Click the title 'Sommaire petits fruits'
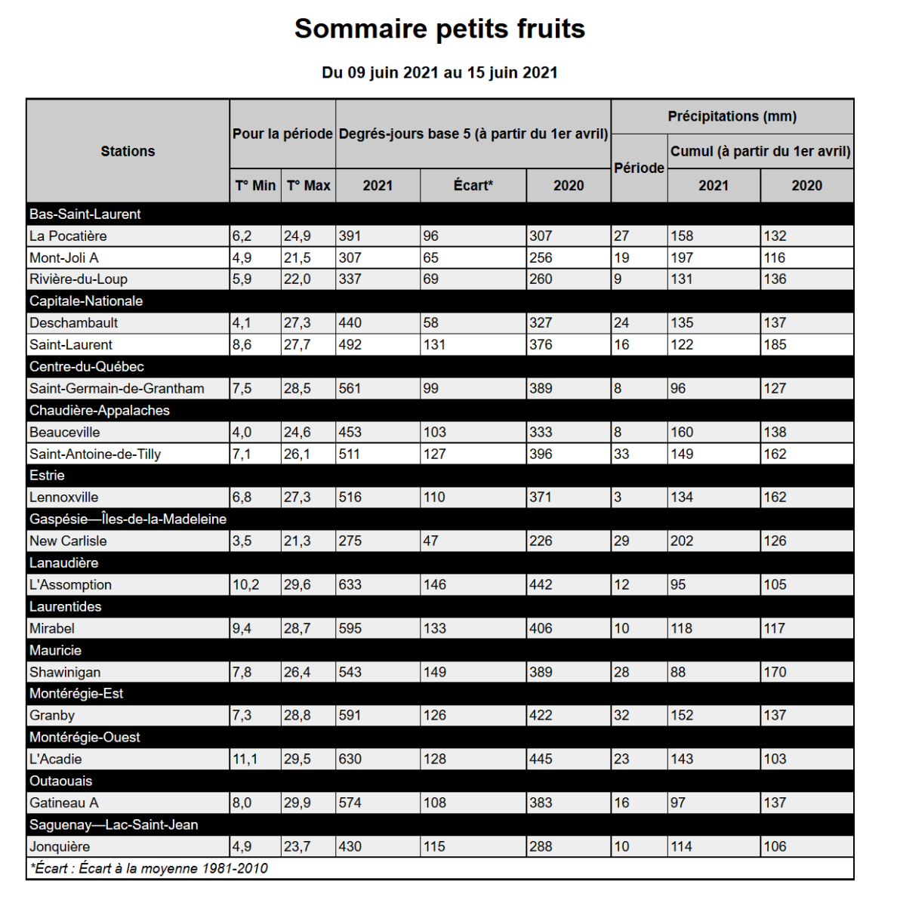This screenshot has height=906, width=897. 439,29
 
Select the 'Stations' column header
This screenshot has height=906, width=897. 128,151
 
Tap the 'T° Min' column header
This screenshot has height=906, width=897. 255,186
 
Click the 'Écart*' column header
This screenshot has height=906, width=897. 473,186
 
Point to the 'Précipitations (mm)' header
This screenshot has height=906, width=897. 732,116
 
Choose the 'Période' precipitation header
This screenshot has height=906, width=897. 639,168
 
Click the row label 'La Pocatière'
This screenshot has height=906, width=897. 68,236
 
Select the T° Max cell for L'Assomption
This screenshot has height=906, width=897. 297,585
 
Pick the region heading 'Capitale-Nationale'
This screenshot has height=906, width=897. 86,301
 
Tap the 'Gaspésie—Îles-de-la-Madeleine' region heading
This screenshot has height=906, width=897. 128,519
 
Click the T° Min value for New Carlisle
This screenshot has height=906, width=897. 242,541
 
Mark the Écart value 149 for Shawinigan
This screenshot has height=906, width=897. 435,672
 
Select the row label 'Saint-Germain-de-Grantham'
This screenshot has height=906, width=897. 117,389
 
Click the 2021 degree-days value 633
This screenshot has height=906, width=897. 350,585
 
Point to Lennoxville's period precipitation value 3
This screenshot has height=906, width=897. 618,498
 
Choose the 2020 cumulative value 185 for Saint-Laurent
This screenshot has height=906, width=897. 775,345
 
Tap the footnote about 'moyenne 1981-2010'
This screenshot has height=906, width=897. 149,868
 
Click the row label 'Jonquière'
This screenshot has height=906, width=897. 60,846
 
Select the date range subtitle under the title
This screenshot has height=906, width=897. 439,72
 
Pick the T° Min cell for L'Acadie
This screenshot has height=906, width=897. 245,760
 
